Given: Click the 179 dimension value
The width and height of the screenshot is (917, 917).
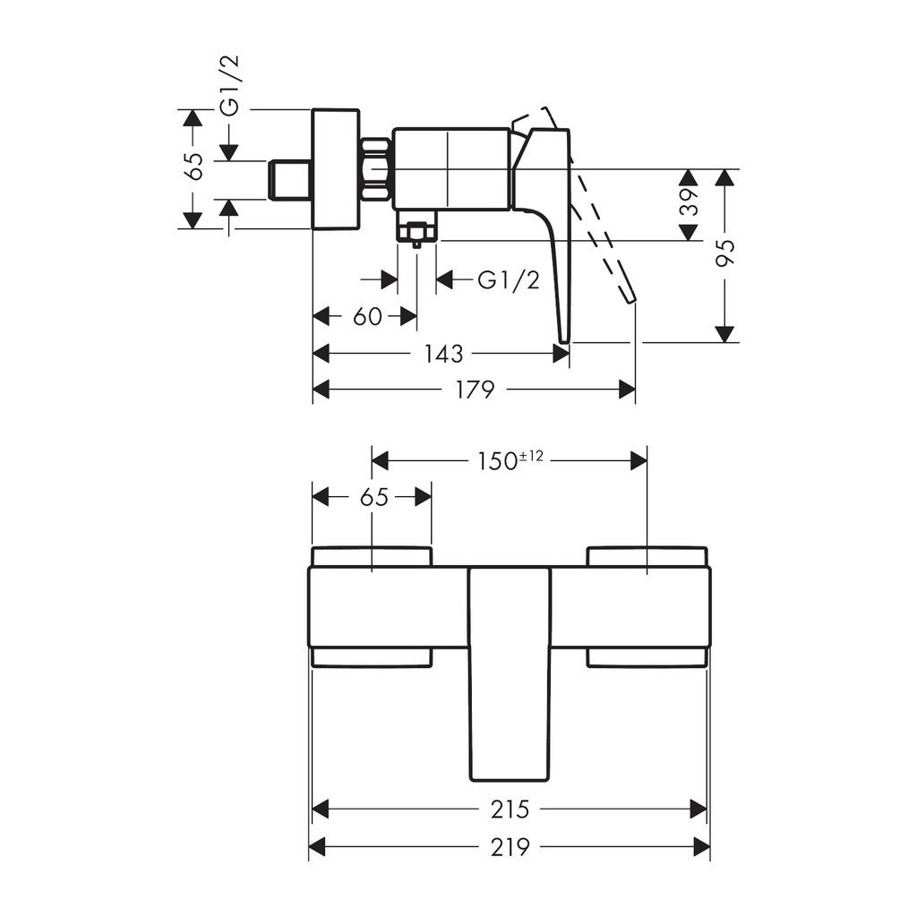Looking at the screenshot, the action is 475,390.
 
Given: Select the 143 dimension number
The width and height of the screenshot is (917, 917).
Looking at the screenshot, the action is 443,354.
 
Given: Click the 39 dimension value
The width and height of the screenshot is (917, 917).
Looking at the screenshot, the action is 689,205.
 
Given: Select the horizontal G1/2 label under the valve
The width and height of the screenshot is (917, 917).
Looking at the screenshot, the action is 509,280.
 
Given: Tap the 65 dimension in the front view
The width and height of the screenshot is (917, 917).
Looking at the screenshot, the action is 374,497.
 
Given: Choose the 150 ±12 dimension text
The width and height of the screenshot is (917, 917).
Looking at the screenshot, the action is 509,460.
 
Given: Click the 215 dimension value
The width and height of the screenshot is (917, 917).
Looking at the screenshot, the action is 510,810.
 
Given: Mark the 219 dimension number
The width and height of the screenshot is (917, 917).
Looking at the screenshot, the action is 510,846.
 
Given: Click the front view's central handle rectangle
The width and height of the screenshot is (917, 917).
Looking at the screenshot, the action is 509,672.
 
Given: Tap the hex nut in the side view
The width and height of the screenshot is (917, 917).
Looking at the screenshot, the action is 376,169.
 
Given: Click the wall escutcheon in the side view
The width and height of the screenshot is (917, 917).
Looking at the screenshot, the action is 335,169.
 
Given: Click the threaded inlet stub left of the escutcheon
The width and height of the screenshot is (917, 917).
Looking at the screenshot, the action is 291,179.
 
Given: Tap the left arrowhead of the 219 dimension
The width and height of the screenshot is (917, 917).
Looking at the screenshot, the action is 316,846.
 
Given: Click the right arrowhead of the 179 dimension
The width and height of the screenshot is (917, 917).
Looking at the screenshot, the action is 629,390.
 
